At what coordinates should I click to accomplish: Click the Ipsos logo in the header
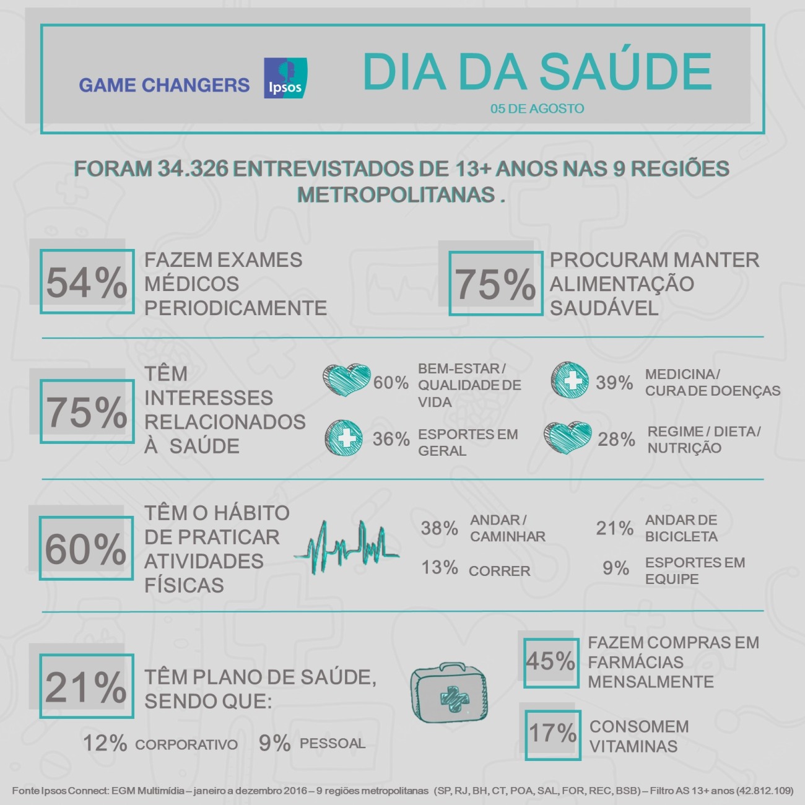pos(285,78)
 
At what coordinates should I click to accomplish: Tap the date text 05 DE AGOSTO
pos(537,108)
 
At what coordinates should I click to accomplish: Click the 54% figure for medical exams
pos(86,282)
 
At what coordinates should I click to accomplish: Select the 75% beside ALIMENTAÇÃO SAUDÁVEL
pos(495,284)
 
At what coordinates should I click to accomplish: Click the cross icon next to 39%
pos(570,380)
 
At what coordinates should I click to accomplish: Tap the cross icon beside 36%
pos(344,438)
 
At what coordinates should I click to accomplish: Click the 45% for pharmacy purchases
pos(550,661)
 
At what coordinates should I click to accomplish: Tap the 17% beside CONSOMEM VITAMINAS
pos(552,734)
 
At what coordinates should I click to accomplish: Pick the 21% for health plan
pos(85,687)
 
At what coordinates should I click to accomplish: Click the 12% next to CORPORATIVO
pos(105,743)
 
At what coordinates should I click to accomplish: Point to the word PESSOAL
pos(333,743)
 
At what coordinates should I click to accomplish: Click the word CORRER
pos(499,571)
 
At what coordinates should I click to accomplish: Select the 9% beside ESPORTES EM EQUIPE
pos(616,568)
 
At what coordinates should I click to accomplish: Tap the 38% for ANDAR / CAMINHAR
pos(440,528)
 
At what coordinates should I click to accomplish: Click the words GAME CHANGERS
pos(164,85)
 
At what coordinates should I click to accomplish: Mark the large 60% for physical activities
pos(85,549)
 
